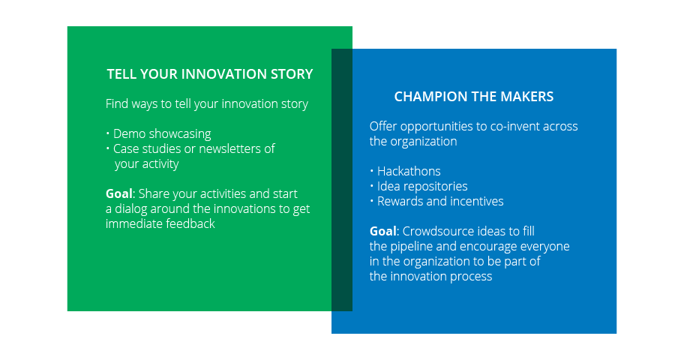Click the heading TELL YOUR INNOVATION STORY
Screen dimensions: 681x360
click(x=210, y=74)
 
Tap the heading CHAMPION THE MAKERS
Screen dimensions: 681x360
click(x=474, y=97)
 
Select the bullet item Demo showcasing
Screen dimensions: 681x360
click(x=162, y=133)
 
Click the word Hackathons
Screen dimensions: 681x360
click(x=409, y=171)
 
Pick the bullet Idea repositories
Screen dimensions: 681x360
click(x=422, y=186)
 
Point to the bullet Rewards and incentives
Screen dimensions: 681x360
click(x=440, y=201)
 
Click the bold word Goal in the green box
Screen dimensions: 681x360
click(x=118, y=193)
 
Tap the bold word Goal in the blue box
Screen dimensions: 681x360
click(x=382, y=231)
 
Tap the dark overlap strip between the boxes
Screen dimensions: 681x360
click(x=342, y=180)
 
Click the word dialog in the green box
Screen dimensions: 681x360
click(x=130, y=209)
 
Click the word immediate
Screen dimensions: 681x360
click(x=131, y=223)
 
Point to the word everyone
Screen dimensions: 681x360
click(x=544, y=247)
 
